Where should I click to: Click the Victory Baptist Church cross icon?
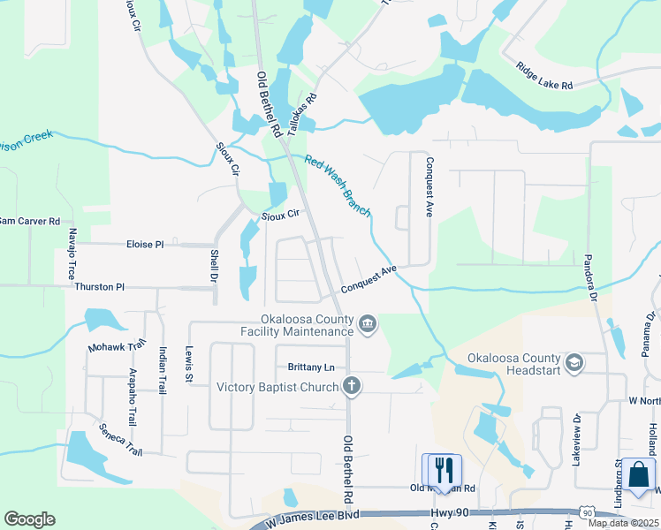click(x=352, y=386)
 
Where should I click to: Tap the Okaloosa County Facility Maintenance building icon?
click(x=368, y=326)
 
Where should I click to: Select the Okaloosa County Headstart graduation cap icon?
click(x=574, y=362)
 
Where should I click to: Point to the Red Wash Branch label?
click(x=338, y=185)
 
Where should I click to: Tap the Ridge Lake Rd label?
click(x=544, y=75)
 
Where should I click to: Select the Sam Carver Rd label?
click(x=29, y=221)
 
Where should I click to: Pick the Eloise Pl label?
click(x=145, y=244)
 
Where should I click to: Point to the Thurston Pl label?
click(x=100, y=287)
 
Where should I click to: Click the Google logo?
click(x=29, y=519)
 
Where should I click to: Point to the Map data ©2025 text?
click(x=622, y=523)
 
